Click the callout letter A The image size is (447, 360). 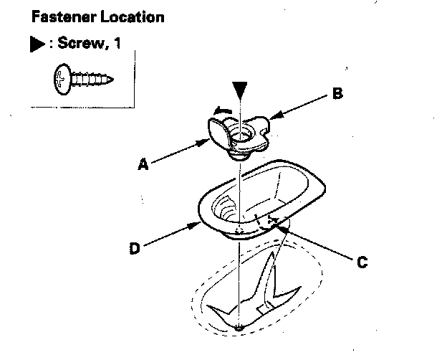click(143, 164)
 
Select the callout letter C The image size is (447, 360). click(362, 262)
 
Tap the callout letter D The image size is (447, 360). click(134, 250)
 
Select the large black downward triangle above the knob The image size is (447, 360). click(241, 94)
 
